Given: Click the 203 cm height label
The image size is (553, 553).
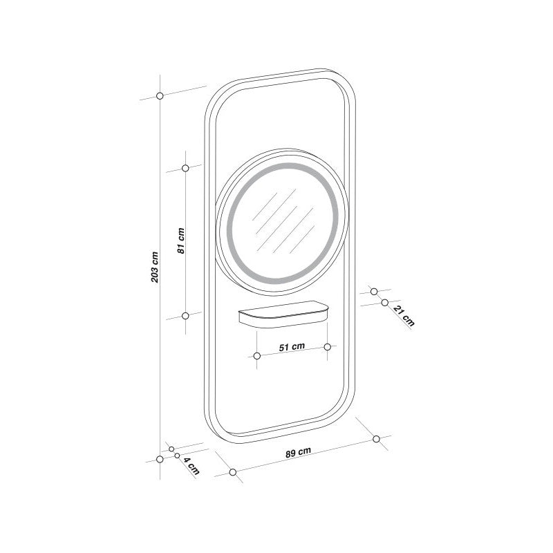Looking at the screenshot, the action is pos(155,267).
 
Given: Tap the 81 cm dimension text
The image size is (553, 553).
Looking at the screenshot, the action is pos(181,241).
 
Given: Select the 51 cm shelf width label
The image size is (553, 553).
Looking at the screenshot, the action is pos(292,347).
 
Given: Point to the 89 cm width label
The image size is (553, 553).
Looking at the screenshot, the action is pos(298,452).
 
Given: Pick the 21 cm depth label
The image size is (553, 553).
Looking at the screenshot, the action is pos(404,316).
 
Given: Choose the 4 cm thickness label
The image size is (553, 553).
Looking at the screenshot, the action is pos(192,466).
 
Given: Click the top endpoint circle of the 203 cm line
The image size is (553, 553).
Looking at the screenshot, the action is pos(160,95).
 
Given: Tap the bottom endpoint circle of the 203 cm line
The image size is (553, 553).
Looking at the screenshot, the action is pos(160,459).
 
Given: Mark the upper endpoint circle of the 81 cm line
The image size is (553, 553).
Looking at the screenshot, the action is pos(185,168).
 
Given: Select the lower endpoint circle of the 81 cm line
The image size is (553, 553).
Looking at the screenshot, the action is pos(185,316).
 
